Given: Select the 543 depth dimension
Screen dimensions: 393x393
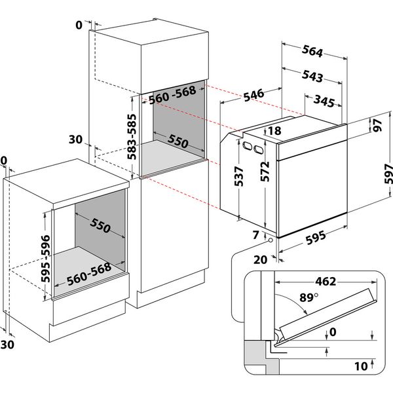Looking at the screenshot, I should tap(312, 76).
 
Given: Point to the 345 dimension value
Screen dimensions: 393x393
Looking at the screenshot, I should tap(326, 101).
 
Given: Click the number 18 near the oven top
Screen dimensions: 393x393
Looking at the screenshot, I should tap(274, 131).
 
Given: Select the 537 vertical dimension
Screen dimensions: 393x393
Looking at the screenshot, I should tap(239, 176).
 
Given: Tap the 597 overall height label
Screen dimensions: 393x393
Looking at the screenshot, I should tap(387, 172).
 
